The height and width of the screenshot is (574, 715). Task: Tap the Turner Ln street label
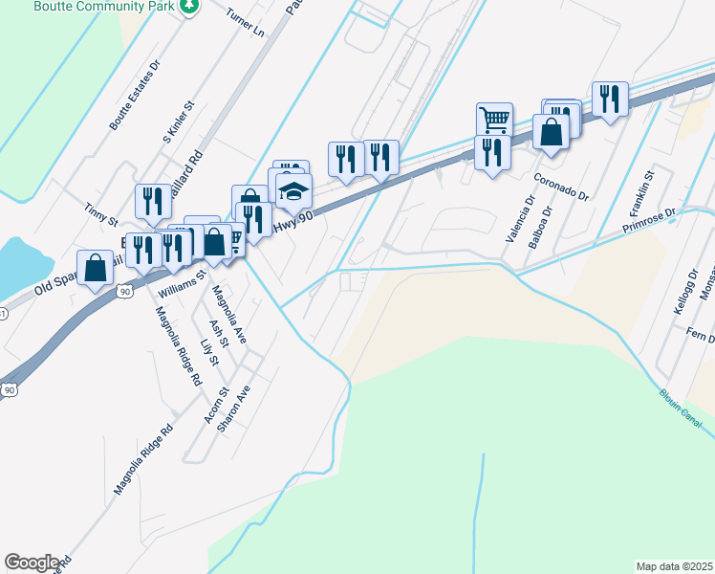(245, 23)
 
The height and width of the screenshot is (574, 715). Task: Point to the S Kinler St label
(178, 121)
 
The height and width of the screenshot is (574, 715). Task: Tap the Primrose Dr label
(648, 221)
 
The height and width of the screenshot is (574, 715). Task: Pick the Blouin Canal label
(682, 405)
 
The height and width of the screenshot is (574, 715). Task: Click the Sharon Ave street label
(233, 408)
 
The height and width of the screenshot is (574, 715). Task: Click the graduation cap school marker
(293, 189)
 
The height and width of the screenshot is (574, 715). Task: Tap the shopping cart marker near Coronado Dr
(494, 120)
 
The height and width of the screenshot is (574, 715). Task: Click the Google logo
(32, 563)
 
